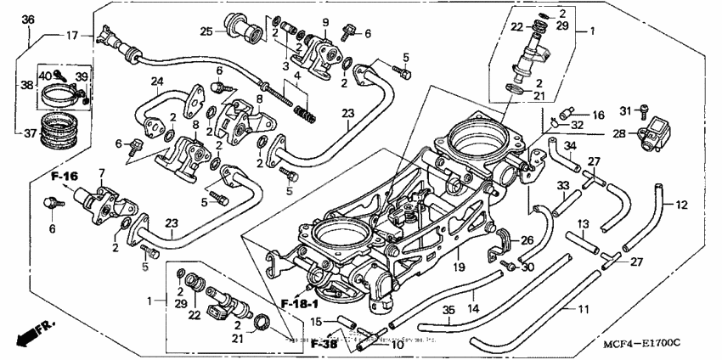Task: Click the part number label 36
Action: click(28, 20)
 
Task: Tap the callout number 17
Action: click(71, 36)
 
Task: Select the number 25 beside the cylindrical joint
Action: click(206, 32)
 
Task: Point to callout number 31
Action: click(624, 110)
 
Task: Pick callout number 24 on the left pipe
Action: click(156, 82)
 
